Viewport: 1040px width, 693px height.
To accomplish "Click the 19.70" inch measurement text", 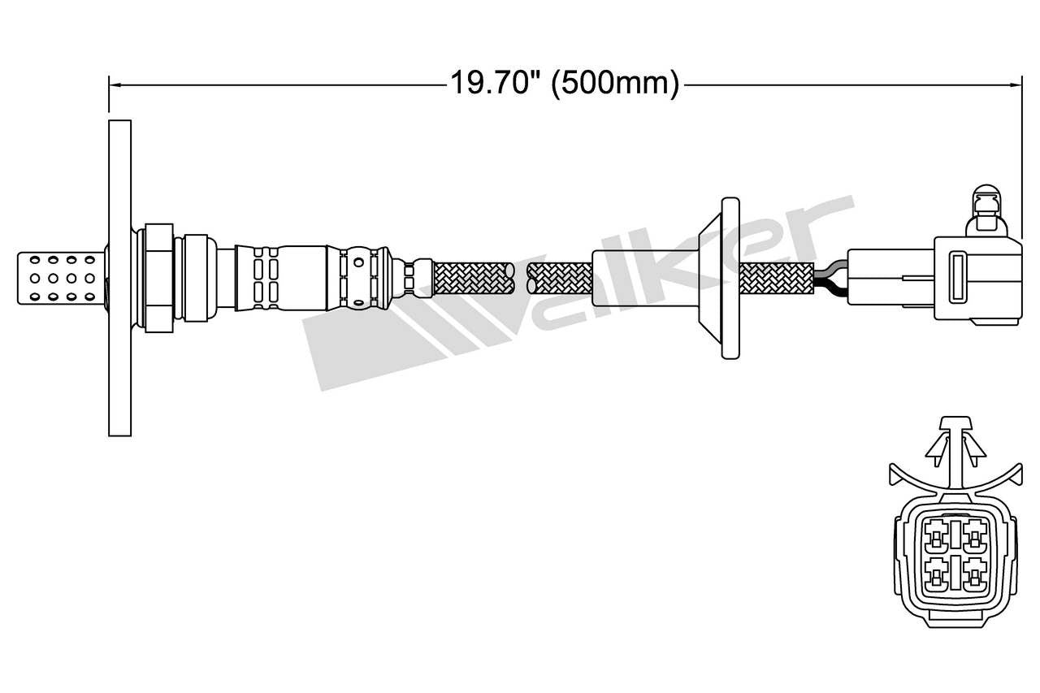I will click(496, 83).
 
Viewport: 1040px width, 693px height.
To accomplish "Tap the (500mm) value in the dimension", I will click(614, 83).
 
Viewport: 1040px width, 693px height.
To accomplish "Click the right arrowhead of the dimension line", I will click(1015, 83).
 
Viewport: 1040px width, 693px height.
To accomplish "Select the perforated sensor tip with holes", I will click(61, 278).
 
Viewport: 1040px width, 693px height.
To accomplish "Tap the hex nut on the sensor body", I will click(159, 278).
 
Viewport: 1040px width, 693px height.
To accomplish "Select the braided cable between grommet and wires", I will click(776, 278).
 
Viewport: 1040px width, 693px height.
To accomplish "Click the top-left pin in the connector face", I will click(937, 536).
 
